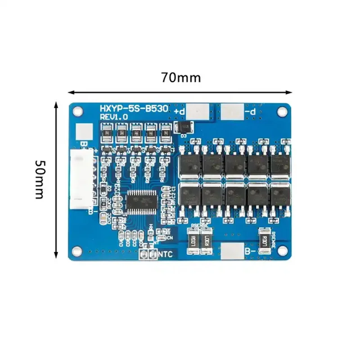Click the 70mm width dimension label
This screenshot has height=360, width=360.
coord(181,77)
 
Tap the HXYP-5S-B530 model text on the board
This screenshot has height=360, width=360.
coord(134,108)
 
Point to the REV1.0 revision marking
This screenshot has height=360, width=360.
coord(114,117)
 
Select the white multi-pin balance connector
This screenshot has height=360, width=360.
coord(81,180)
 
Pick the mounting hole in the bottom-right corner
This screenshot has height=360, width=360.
coord(282,250)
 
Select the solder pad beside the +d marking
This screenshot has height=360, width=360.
coord(198,111)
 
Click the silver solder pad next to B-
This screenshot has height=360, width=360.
coord(231,252)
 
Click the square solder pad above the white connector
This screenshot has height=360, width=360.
coord(83,131)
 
